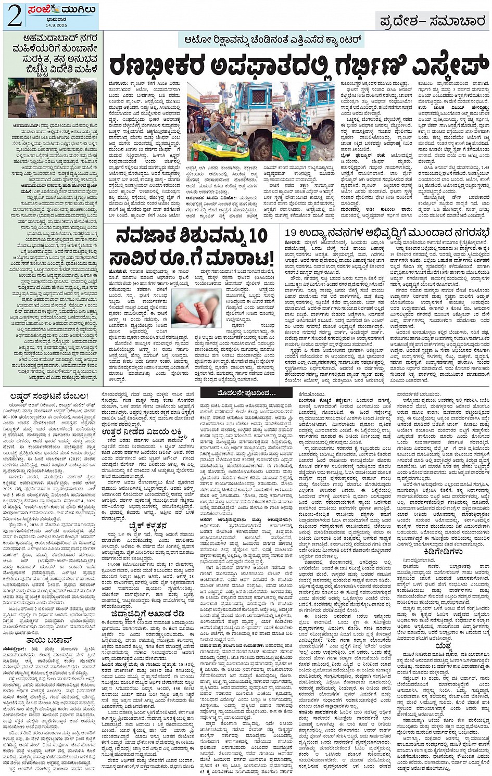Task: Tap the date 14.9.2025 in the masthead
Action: coord(51,25)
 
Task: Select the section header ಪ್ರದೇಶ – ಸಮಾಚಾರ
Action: coord(433,21)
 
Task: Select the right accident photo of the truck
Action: coord(304,121)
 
